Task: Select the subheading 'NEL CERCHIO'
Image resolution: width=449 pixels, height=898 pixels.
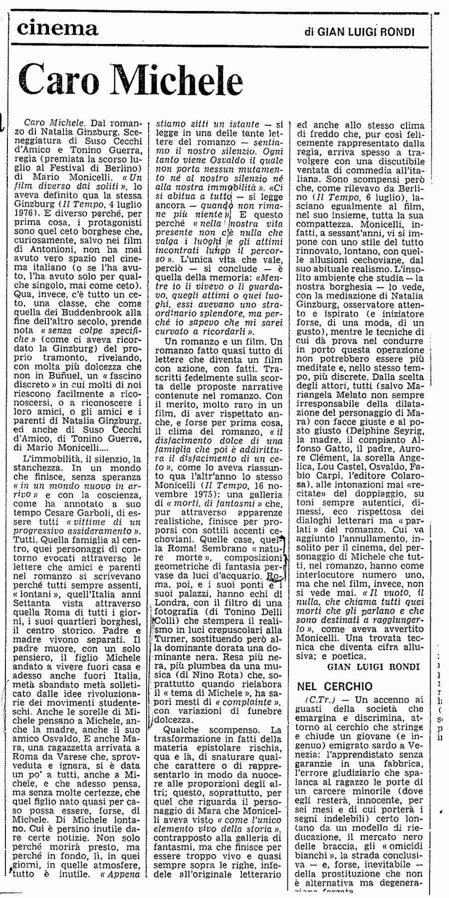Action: (x=334, y=686)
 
